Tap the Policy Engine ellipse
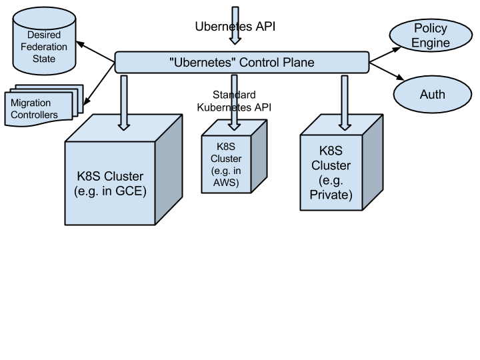click(x=430, y=35)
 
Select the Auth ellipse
click(x=431, y=95)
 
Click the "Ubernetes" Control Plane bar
click(x=241, y=63)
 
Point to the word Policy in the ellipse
click(x=430, y=28)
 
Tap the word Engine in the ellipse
click(x=430, y=43)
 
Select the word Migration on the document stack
click(x=31, y=103)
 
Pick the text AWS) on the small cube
click(x=226, y=183)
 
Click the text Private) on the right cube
click(x=331, y=195)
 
